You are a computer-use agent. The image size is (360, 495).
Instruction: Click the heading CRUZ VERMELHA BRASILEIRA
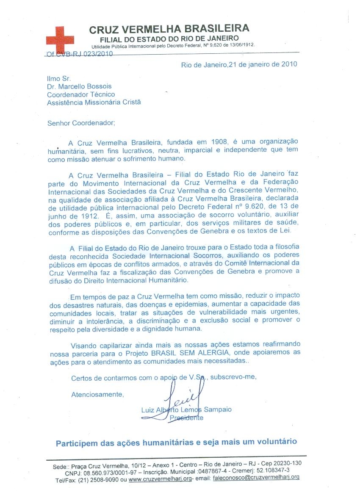pos(169,29)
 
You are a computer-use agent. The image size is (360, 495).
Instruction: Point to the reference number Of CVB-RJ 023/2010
pos(78,54)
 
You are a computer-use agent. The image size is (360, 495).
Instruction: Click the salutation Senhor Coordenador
pos(81,123)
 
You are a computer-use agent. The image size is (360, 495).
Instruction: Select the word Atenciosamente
pos(98,394)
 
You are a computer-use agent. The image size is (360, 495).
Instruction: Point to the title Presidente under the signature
pos(186,418)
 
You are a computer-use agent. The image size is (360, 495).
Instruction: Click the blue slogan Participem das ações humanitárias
pos(176,442)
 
